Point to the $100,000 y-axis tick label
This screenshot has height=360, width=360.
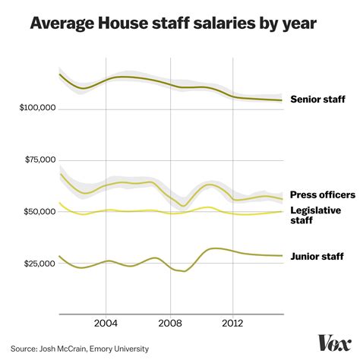coord(36,109)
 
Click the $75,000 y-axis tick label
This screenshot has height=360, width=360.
coord(39,160)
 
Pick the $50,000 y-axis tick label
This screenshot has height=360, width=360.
coord(39,212)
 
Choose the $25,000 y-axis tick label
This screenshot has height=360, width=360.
coord(39,264)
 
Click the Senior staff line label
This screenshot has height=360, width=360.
coord(318,99)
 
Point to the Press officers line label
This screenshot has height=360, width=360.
coord(322,194)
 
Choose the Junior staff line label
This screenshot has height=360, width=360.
coord(317,257)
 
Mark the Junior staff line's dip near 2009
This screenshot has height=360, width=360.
coord(184,271)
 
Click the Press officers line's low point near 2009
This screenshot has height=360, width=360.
coord(183,206)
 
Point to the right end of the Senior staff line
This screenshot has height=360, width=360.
coord(282,100)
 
